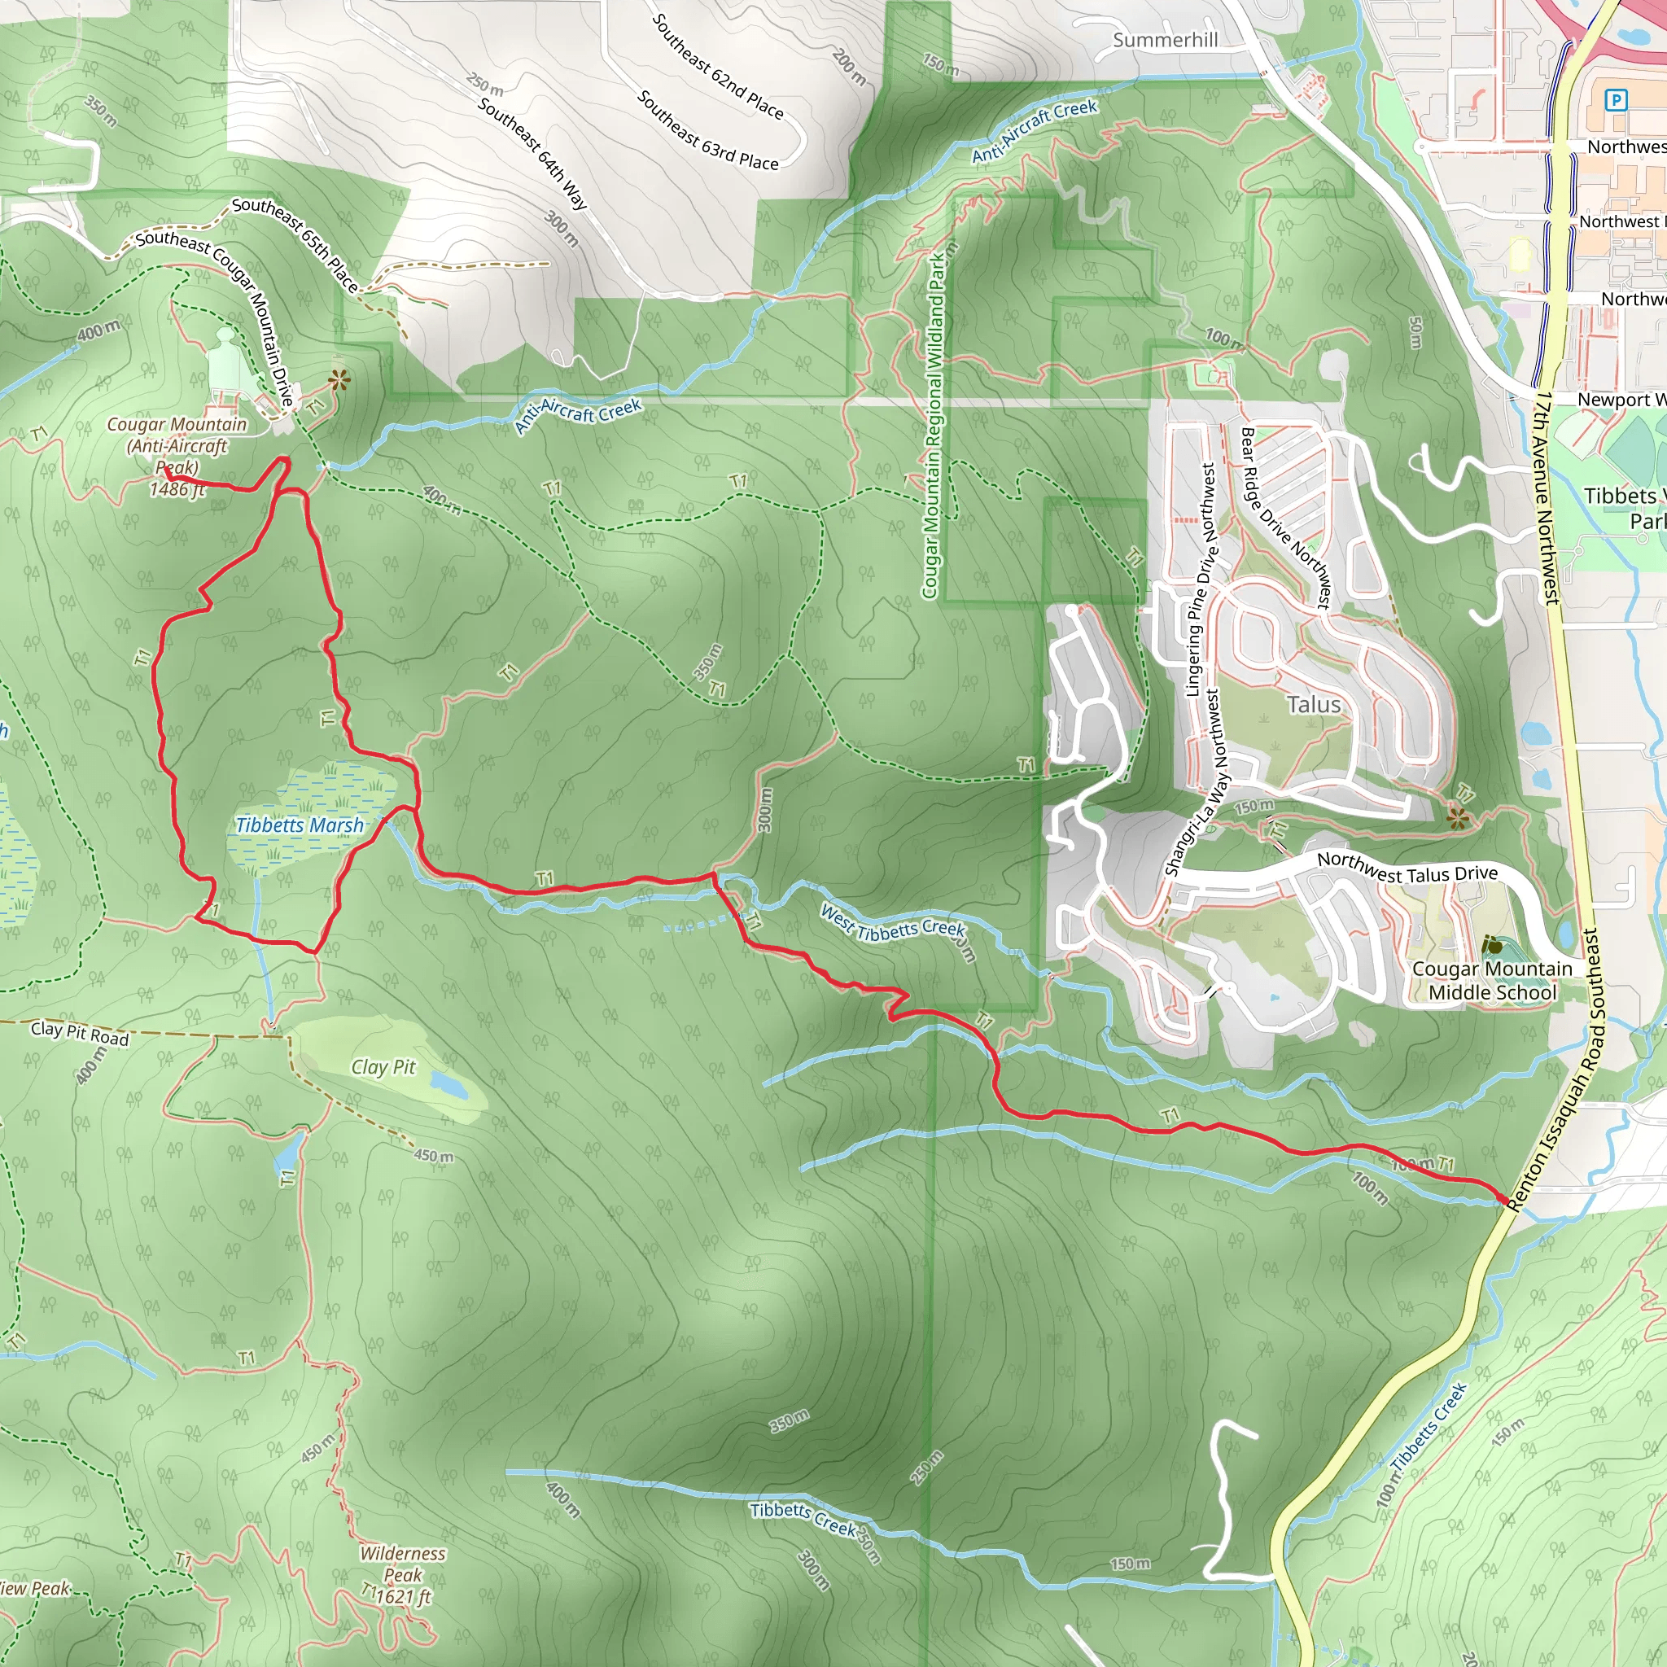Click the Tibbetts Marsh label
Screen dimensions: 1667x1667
pos(300,825)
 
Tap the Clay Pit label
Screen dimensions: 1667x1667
pos(383,1067)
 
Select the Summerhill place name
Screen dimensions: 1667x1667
pos(1165,41)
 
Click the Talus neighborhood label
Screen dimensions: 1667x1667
pos(1313,705)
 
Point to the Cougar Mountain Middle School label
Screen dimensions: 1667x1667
pos(1492,980)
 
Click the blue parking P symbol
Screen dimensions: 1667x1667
pos(1615,100)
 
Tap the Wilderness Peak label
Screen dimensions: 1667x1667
pos(402,1564)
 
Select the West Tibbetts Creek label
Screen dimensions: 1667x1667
pos(892,921)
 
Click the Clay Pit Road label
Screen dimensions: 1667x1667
pos(80,1033)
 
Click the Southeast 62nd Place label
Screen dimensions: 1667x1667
pos(717,67)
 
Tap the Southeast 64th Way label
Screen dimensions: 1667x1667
pos(532,154)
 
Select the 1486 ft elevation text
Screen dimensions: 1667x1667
pos(177,490)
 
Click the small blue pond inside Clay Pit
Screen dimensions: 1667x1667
pos(448,1083)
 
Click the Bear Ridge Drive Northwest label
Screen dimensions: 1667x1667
pos(1284,518)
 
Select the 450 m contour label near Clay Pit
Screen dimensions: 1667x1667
pos(433,1155)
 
